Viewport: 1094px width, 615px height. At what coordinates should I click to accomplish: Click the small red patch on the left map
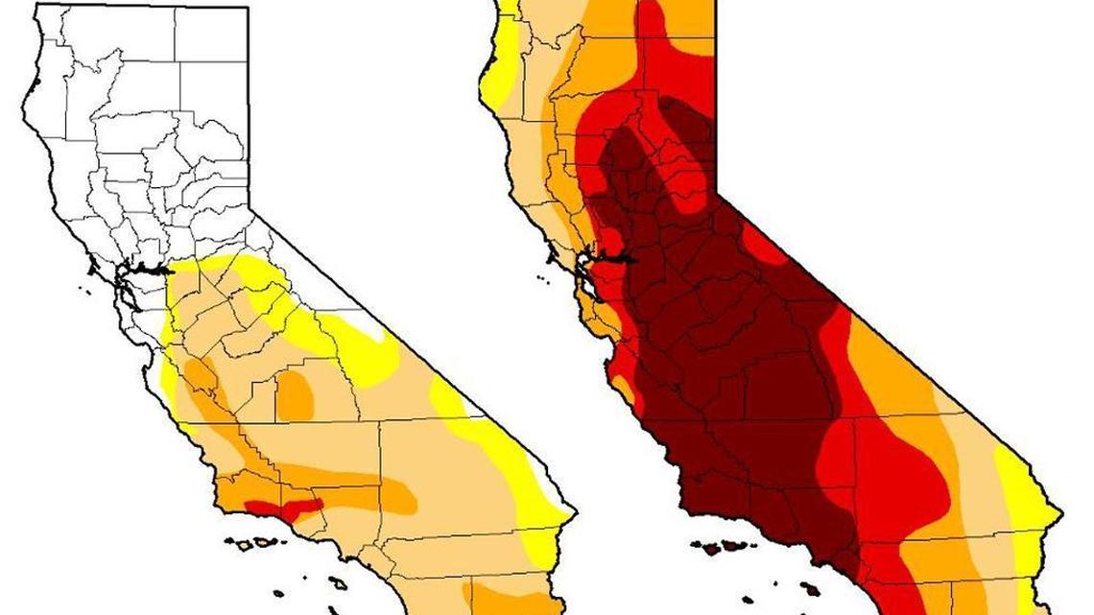point(279,506)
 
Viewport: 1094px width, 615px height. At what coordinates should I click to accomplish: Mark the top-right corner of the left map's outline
point(249,8)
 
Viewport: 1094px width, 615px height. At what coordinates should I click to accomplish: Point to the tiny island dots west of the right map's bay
point(543,279)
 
